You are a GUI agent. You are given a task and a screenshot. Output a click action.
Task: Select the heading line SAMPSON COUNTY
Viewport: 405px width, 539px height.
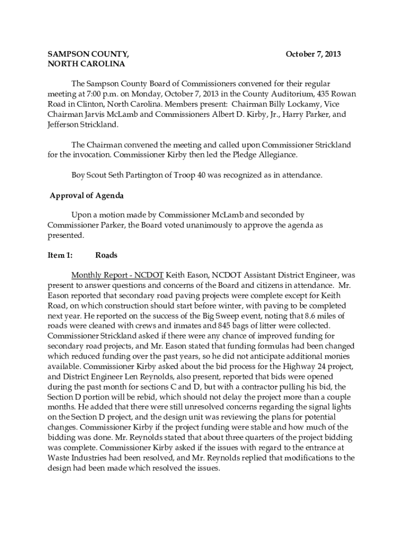tap(88, 54)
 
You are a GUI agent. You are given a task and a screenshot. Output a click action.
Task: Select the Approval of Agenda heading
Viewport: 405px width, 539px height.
tap(86, 196)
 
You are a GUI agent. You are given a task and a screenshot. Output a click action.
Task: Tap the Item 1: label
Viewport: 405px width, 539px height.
tap(60, 255)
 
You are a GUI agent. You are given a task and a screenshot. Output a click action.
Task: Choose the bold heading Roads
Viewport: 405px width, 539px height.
tap(106, 255)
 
